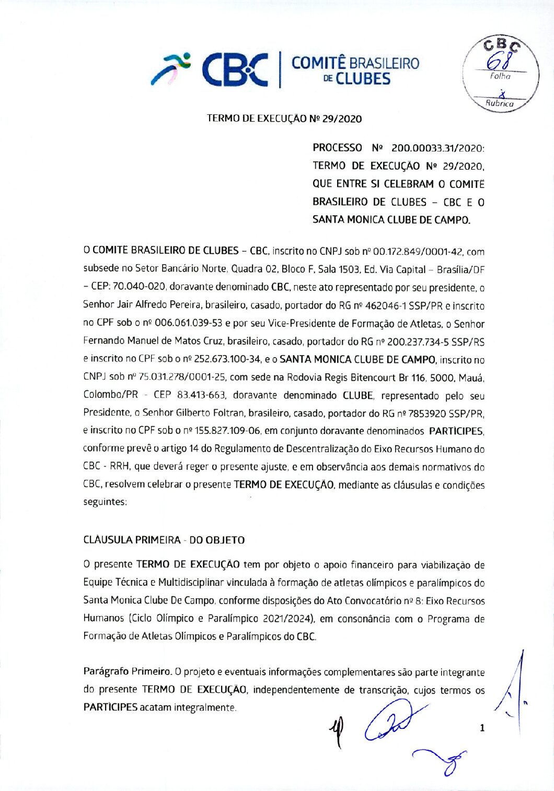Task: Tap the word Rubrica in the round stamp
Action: click(x=500, y=103)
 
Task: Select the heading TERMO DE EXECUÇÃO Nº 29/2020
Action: click(x=284, y=119)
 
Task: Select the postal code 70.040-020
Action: click(x=139, y=287)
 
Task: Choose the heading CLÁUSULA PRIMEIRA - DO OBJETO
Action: click(x=164, y=540)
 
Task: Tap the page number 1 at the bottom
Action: click(x=482, y=727)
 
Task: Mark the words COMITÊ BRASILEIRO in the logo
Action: click(x=355, y=63)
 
